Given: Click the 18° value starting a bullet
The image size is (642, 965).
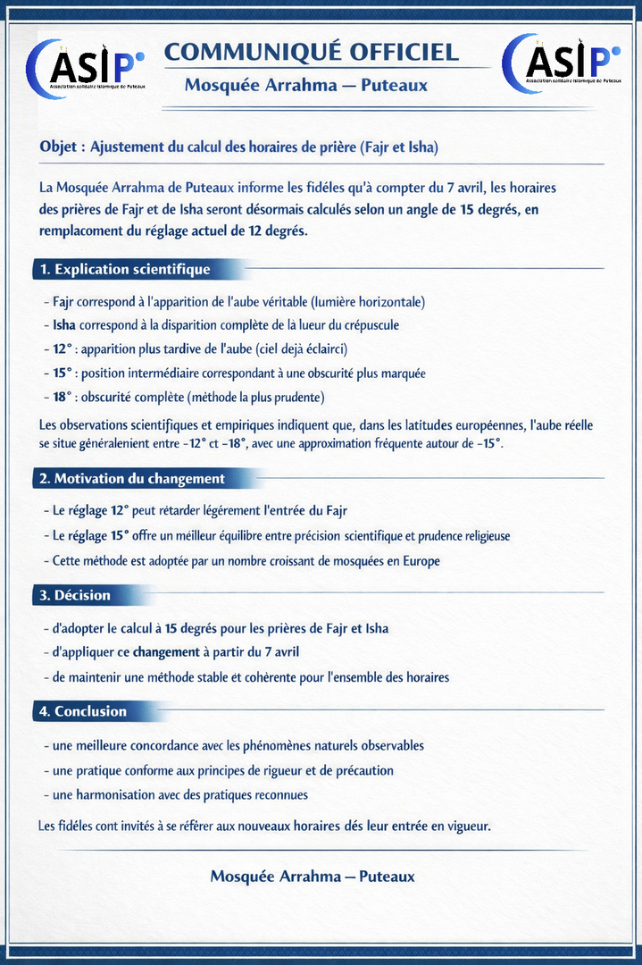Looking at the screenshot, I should click(62, 396).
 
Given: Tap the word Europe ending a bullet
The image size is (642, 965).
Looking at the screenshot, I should click(420, 561).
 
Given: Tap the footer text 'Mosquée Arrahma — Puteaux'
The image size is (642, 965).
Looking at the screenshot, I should click(313, 877).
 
